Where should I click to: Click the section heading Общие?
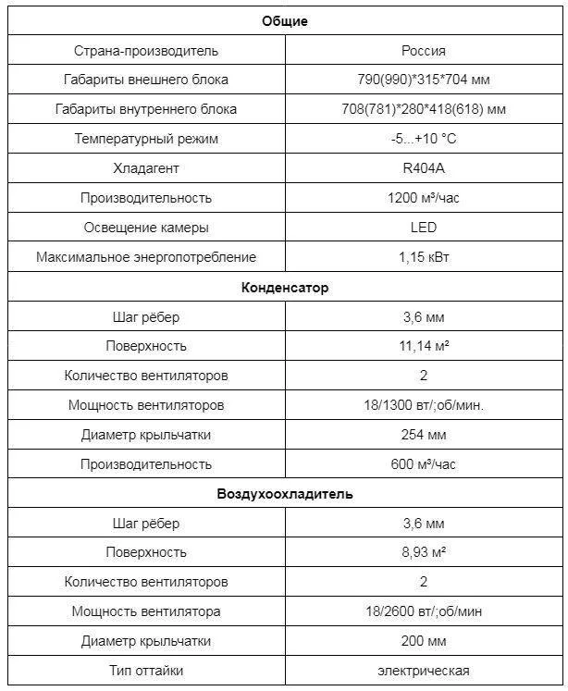pos(285,21)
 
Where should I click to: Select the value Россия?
pos(424,51)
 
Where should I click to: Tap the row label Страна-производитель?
pos(146,51)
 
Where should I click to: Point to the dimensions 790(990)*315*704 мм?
pos(424,80)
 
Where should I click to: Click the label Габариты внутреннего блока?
pos(146,109)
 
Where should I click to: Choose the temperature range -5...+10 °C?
pos(424,139)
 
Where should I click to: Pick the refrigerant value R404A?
pos(424,168)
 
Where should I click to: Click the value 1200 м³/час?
pos(424,198)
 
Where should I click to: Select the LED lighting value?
pos(424,228)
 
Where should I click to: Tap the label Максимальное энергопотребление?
pos(146,257)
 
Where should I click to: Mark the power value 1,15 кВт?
pos(424,257)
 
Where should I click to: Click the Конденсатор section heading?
pos(285,288)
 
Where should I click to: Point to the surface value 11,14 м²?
pos(424,346)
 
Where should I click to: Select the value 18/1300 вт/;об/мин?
pos(424,405)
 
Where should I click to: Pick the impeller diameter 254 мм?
pos(424,435)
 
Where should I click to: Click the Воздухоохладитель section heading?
pos(285,494)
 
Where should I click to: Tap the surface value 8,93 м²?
pos(424,552)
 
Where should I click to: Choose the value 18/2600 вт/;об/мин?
pos(424,611)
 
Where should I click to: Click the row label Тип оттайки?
pos(146,671)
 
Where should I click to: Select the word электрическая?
pos(424,671)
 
